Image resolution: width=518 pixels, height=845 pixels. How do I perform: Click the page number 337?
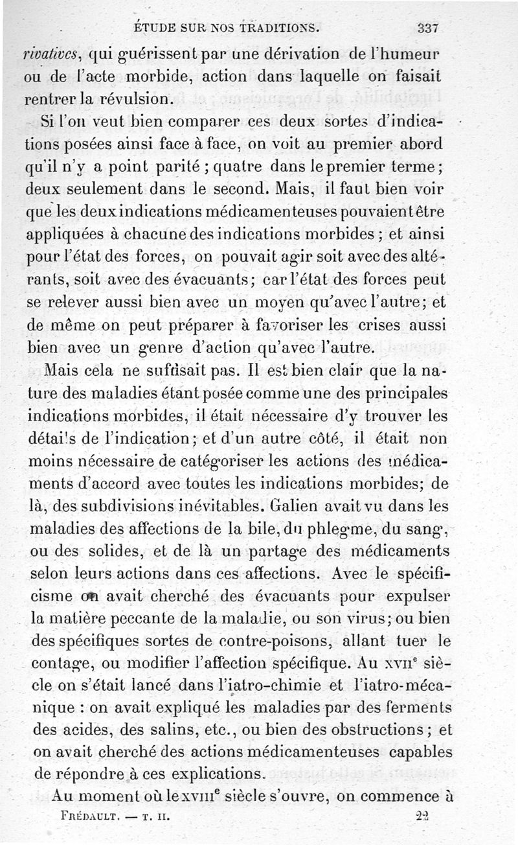coord(429,28)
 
